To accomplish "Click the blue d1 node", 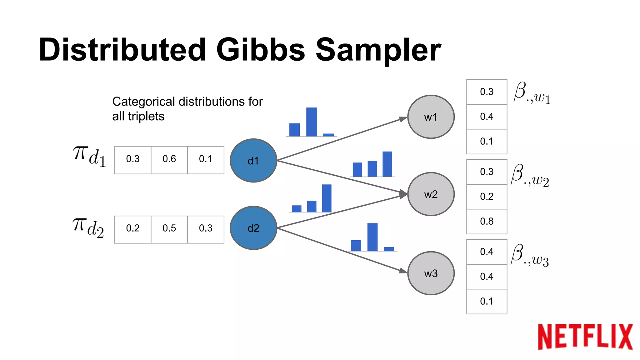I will click(253, 161).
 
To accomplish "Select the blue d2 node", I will click(253, 228).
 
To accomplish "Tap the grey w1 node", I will click(431, 117).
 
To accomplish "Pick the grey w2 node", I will click(431, 194).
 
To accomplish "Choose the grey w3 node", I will click(431, 273).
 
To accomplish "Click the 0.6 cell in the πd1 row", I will click(169, 159).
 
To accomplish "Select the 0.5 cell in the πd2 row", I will click(169, 228).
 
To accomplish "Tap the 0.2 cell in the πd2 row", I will click(133, 228).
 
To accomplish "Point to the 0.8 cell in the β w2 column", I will click(487, 222).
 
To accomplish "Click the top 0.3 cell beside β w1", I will click(487, 92).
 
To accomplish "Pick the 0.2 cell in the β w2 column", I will click(487, 197).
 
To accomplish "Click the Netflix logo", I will click(585, 337).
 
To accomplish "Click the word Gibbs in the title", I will click(260, 50).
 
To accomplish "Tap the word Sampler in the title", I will click(378, 50).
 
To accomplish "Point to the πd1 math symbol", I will click(89, 157).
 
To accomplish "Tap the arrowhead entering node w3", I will click(403, 271).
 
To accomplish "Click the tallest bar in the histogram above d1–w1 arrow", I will click(311, 122).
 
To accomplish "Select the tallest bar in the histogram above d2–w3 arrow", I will click(372, 237).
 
